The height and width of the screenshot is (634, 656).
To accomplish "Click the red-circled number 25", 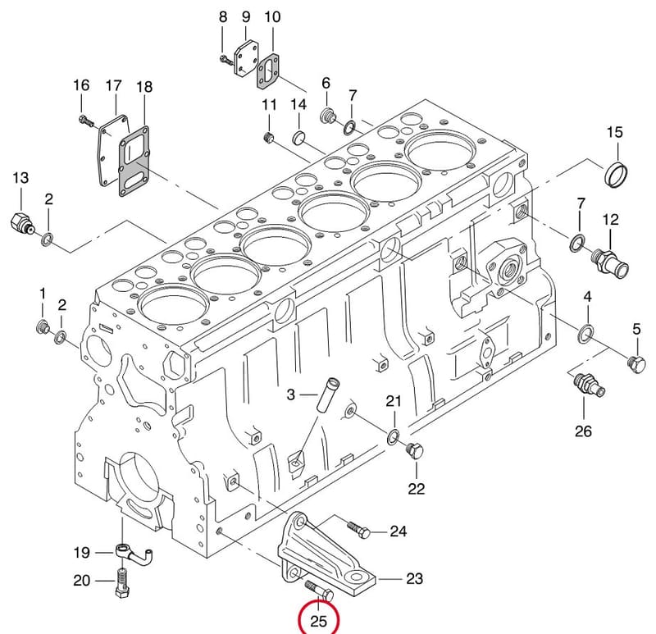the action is (318, 621).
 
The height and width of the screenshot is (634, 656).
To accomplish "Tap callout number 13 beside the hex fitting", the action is (20, 178).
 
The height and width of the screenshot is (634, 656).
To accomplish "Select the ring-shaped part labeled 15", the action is (617, 174).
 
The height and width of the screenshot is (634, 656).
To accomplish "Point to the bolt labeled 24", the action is (358, 529).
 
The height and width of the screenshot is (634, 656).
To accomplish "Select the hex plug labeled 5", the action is (636, 363).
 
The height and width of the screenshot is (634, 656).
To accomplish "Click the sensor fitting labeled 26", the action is (589, 384).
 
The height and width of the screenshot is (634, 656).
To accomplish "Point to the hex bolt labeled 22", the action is (415, 451).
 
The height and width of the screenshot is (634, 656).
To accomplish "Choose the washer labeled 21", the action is (393, 436).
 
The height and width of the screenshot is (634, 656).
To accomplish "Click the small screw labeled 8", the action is (226, 60).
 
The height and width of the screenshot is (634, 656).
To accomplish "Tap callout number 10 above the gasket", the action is (272, 16).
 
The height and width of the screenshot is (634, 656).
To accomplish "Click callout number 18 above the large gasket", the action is (144, 87).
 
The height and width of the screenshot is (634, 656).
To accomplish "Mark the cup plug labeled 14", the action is (298, 137).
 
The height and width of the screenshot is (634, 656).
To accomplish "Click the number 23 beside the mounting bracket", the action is (415, 579).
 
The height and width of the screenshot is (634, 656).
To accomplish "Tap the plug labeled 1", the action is (43, 326).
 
